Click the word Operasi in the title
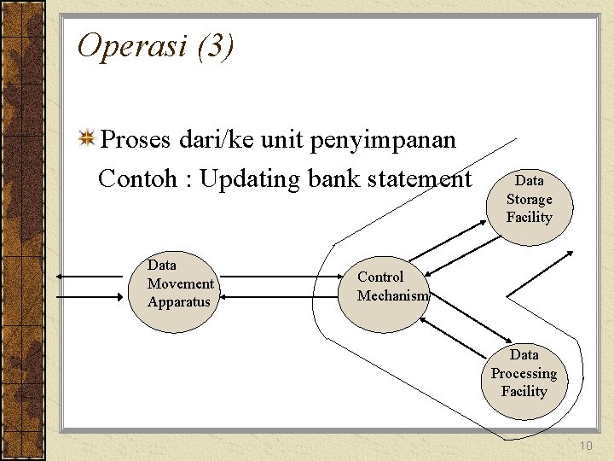pos(132,46)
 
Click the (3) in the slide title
pos(214,46)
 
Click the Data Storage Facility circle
pos(529,200)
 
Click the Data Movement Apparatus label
pos(179,283)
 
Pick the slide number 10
pos(585,446)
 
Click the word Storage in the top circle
pos(529,200)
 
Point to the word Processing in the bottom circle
pos(524,374)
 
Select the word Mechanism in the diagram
pos(392,295)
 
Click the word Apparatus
pos(178,302)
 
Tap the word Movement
pos(180,283)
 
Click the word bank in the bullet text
pos(334,179)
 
